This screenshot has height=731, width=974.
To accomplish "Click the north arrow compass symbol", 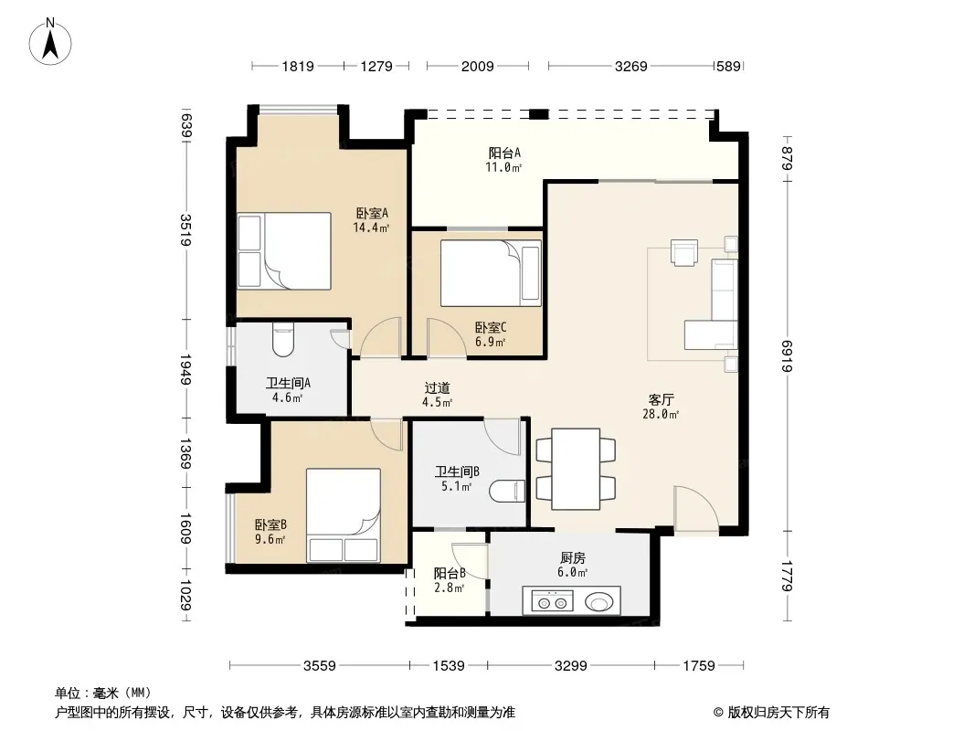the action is click(x=50, y=42).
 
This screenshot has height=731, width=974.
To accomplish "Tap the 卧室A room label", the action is click(x=372, y=213).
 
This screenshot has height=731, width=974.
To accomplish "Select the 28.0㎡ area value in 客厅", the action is click(x=661, y=414).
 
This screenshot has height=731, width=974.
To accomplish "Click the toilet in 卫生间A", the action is click(x=283, y=342).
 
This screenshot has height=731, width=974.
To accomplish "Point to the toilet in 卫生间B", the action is click(x=507, y=492).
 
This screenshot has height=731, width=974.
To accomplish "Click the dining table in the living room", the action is click(x=576, y=469).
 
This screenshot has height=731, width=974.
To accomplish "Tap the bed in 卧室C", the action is click(x=491, y=273).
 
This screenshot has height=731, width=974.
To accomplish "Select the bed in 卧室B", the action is click(x=344, y=515).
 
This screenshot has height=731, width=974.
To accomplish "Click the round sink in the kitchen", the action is click(x=598, y=602).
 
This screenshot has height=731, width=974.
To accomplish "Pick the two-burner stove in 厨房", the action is click(x=552, y=602).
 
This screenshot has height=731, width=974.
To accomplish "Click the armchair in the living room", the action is click(x=684, y=252).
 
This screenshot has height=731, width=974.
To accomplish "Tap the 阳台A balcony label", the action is click(x=503, y=153).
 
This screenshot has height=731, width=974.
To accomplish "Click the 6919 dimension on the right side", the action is click(x=787, y=355).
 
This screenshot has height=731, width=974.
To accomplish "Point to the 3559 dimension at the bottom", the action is click(x=319, y=666).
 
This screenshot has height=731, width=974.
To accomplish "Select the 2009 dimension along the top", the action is click(x=477, y=66).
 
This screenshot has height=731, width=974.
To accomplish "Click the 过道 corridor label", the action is click(x=438, y=388).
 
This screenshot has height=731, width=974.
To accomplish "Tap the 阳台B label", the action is click(x=450, y=573).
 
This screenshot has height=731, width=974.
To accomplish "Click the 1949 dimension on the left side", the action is click(x=185, y=369).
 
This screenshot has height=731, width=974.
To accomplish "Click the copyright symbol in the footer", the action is click(x=718, y=713).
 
